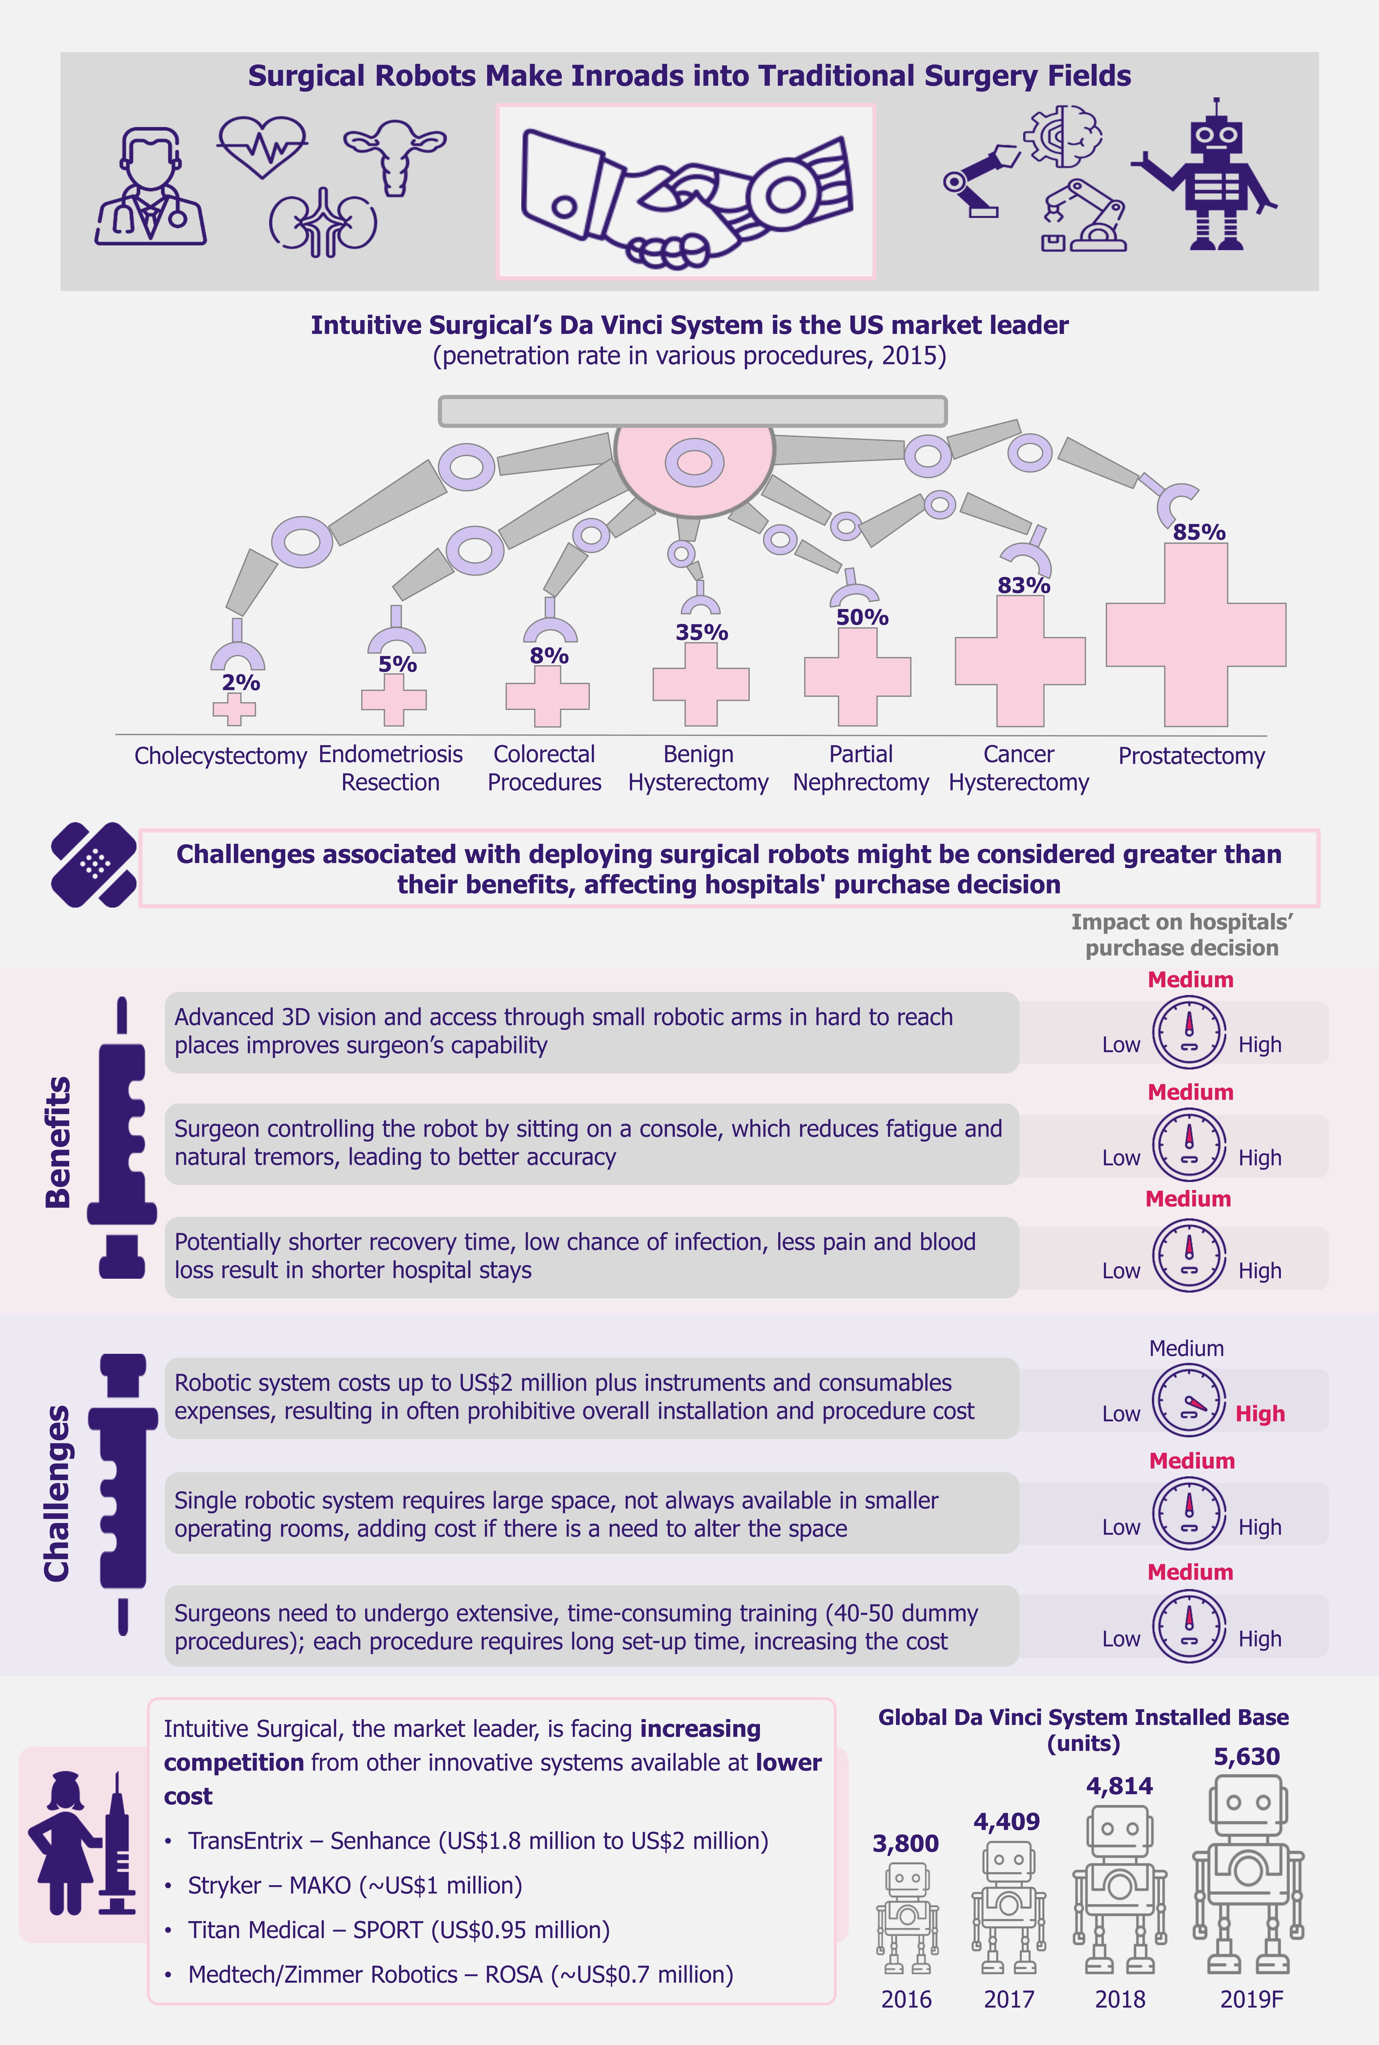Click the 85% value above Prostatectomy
1199,532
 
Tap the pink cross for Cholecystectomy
234,709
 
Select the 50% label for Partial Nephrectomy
862,617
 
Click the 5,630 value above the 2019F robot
1246,1757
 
